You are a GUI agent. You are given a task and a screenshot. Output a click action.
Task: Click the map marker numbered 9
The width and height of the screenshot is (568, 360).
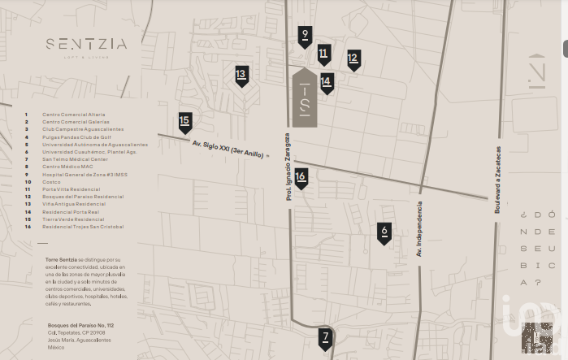[x=305, y=36]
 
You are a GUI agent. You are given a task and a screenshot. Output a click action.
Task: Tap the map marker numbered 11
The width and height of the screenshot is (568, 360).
[x=323, y=55]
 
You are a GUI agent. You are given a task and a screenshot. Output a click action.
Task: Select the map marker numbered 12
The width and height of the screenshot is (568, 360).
[x=353, y=59]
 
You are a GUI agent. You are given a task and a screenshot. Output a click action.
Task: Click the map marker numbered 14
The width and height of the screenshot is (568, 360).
[x=327, y=82]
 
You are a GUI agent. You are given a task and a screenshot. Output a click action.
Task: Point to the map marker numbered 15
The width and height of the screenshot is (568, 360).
[x=185, y=123]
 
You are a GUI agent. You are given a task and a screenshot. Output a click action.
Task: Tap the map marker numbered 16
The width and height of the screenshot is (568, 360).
[x=301, y=177]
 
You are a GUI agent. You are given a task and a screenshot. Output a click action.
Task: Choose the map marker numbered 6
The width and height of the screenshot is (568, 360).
[x=384, y=233]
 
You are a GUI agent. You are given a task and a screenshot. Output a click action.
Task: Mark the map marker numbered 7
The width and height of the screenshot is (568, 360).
[x=325, y=337]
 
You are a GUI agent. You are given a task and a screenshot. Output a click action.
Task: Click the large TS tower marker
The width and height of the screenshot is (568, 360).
[x=304, y=99]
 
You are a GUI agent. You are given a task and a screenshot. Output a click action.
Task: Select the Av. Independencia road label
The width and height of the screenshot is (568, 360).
[x=419, y=230]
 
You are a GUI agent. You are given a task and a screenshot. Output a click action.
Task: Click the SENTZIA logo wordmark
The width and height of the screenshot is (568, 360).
[x=86, y=45]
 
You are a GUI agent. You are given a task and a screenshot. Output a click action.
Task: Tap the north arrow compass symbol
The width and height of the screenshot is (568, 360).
[x=536, y=71]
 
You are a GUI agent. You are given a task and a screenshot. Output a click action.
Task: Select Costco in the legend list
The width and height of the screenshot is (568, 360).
[x=56, y=182]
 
